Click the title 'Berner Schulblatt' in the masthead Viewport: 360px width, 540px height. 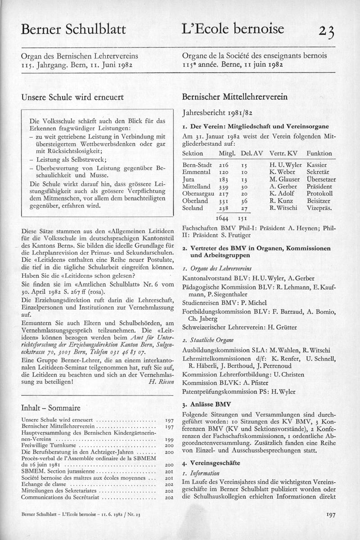73,30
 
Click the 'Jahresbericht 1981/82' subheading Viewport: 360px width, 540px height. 216,113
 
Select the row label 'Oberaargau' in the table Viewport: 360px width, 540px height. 198,193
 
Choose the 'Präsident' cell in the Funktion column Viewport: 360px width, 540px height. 319,186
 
